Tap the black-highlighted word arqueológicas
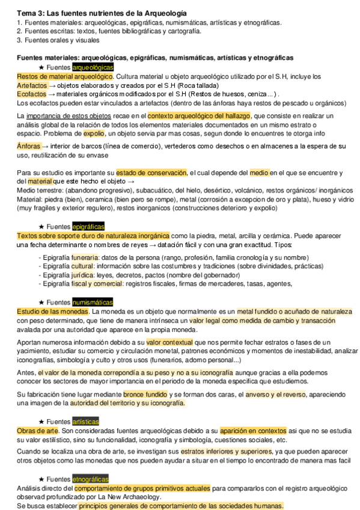pyautogui.click(x=91, y=67)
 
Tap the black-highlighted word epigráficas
pyautogui.click(x=88, y=227)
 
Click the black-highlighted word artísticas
pyautogui.click(x=85, y=422)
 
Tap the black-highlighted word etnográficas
pyautogui.click(x=90, y=479)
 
